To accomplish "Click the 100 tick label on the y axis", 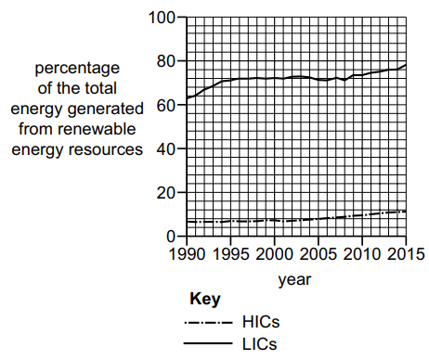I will (x=162, y=18).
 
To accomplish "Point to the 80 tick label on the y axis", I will (x=165, y=61).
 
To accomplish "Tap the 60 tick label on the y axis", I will (x=165, y=105).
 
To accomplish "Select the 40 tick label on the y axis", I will (x=165, y=148).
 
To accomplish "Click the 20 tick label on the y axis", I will (x=165, y=192).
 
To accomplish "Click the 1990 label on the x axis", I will (x=186, y=253).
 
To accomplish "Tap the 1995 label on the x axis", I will (x=230, y=253).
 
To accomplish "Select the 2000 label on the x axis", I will (x=274, y=253).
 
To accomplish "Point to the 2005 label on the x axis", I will (x=318, y=253).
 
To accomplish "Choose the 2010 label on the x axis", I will (x=363, y=253).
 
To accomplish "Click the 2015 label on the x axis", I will (x=406, y=253).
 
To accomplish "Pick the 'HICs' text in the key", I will (x=261, y=323).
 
